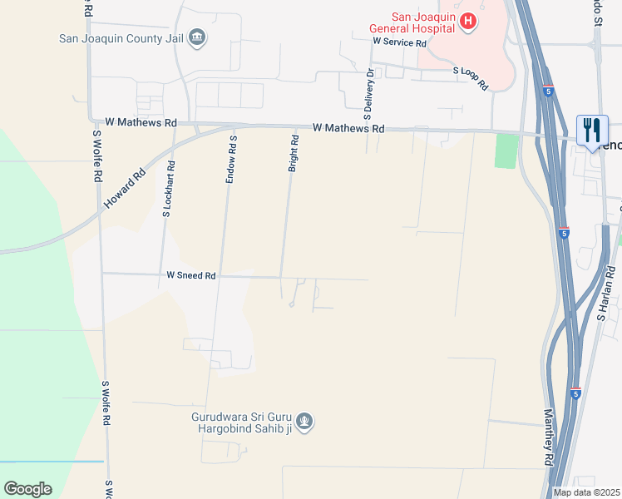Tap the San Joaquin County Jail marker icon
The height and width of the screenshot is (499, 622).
(198, 37)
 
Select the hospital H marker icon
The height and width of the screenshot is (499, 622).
(468, 21)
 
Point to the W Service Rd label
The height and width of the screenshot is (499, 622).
(399, 41)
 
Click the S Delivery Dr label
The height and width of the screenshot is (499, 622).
(370, 91)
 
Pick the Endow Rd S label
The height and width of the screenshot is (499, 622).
(234, 160)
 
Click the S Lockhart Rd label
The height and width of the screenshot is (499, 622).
(168, 189)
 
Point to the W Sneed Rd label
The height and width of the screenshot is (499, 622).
(191, 275)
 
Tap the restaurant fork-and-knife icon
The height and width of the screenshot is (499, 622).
(592, 131)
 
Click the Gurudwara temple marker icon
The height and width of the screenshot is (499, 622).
(305, 422)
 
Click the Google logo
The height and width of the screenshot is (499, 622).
(27, 489)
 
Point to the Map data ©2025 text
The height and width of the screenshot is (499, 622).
(586, 492)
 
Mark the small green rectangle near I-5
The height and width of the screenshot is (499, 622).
(506, 151)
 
